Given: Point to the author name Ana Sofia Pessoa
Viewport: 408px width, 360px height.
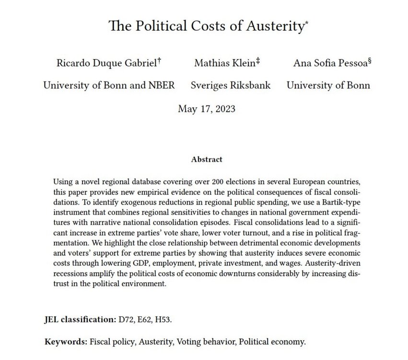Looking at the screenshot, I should pyautogui.click(x=328, y=63).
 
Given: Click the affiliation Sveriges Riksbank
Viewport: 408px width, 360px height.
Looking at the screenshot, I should pyautogui.click(x=230, y=85).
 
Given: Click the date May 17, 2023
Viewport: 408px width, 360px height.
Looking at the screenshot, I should pyautogui.click(x=207, y=108).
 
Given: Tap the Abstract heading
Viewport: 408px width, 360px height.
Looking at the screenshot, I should pyautogui.click(x=206, y=159).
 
